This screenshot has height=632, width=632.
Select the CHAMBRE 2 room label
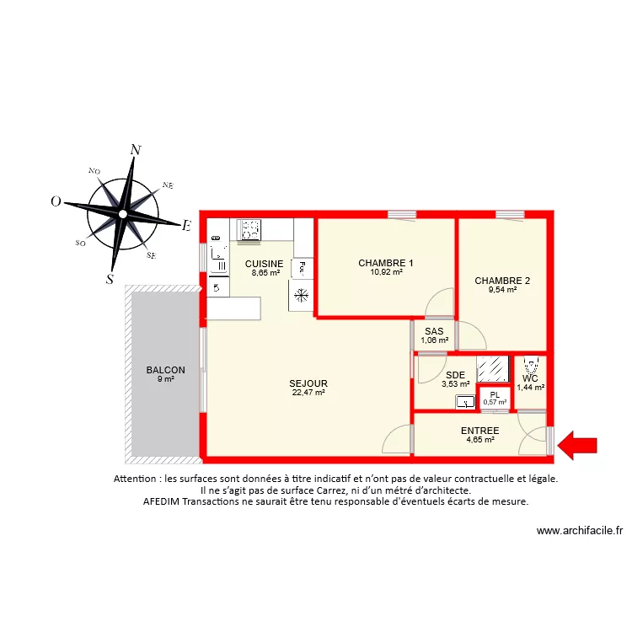coord(502,281)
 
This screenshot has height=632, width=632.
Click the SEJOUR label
coord(309,383)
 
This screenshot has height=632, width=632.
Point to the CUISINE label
coord(265,264)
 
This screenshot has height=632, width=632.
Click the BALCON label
coord(165,370)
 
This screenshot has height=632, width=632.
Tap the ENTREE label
coord(479,431)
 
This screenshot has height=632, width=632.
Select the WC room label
coord(530,378)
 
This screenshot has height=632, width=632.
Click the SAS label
coord(434,331)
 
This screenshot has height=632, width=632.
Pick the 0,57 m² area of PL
coord(495,403)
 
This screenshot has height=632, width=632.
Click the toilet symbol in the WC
coord(530,367)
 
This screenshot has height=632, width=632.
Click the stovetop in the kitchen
coord(249,229)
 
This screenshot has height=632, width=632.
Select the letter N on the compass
coord(135,150)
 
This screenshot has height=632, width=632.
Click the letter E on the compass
coord(187,225)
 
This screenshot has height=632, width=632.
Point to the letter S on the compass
coord(110,281)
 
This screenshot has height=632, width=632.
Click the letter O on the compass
coord(56,201)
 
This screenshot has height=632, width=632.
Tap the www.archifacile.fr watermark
coord(580,531)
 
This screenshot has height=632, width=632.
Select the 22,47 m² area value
coord(309,392)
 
